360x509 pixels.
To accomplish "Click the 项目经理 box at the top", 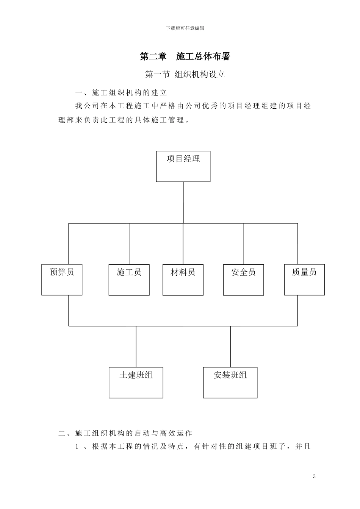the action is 183,166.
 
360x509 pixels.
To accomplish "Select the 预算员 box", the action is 62,279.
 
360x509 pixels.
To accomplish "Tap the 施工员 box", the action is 129,280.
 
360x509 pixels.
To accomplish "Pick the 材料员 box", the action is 183,280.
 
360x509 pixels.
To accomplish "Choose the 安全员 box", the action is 243,280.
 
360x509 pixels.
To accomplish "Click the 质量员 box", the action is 304,279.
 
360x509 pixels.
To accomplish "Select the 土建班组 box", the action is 136,383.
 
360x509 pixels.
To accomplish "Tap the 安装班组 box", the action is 230,383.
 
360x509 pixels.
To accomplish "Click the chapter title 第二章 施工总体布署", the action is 185,56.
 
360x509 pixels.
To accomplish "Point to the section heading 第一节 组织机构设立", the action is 185,75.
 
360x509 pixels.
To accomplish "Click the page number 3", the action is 314,476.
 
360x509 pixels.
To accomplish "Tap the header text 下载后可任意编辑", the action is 185,28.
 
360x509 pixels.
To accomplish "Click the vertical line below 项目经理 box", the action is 183,203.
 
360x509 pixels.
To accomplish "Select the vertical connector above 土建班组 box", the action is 136,346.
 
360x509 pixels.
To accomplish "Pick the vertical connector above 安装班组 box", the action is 230,346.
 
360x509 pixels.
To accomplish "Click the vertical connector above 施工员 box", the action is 129,244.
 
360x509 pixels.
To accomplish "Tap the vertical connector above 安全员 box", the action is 244,244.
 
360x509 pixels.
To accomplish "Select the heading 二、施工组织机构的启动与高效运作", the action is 125,433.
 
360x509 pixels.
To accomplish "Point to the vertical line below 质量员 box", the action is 297,311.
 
